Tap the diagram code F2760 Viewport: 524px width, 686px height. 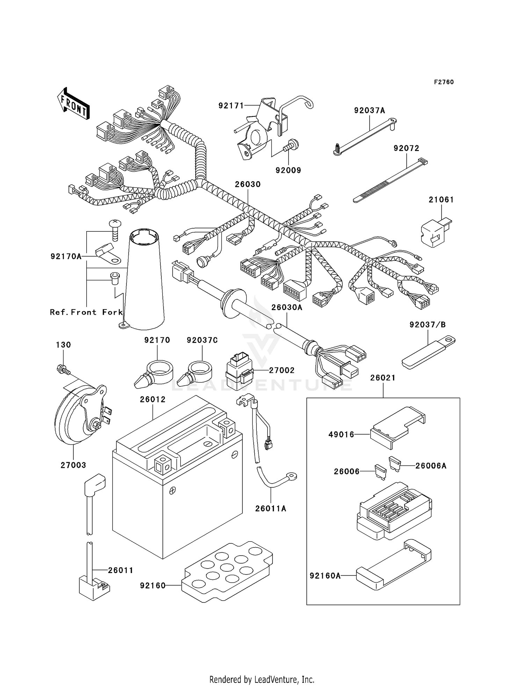pyautogui.click(x=444, y=82)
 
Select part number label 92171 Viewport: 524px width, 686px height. pyautogui.click(x=231, y=105)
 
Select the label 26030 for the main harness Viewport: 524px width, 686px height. pyautogui.click(x=247, y=184)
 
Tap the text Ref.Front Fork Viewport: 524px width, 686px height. pyautogui.click(x=86, y=312)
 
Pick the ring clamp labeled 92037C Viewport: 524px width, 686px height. pyautogui.click(x=196, y=376)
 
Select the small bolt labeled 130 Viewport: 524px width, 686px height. pyautogui.click(x=62, y=369)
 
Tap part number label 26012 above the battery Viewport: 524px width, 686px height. pyautogui.click(x=153, y=399)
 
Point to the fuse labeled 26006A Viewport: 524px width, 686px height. pyautogui.click(x=394, y=463)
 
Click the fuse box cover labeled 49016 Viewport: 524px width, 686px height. pyautogui.click(x=396, y=426)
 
